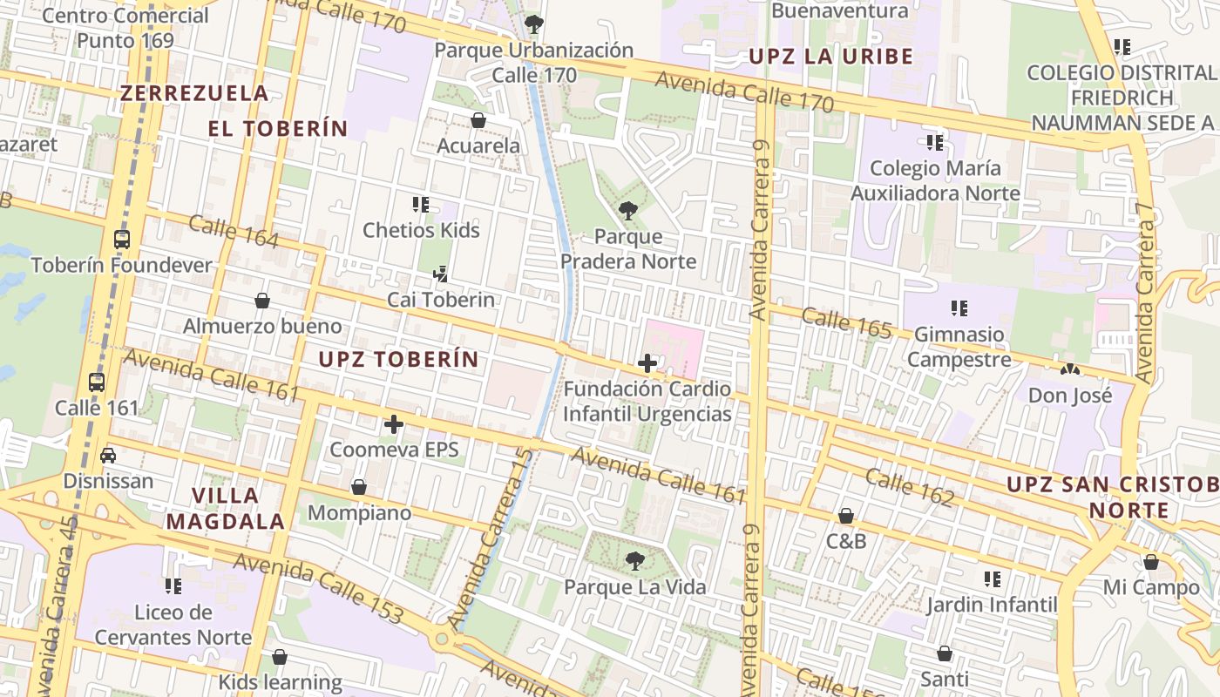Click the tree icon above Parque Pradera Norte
[627, 210]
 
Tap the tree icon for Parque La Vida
[635, 560]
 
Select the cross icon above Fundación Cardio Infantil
[647, 363]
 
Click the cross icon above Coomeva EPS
[394, 424]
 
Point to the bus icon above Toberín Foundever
[122, 239]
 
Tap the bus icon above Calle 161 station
[97, 382]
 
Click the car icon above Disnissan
[108, 455]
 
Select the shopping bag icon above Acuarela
[478, 119]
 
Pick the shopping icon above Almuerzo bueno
[262, 301]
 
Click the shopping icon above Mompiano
[358, 487]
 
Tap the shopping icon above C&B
[845, 516]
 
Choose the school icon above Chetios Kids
[421, 205]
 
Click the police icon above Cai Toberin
[440, 274]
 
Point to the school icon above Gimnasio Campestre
[959, 308]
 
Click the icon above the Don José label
[1068, 369]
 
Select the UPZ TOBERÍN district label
[398, 359]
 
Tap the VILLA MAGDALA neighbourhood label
[226, 508]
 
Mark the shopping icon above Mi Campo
[1150, 562]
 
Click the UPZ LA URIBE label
[831, 58]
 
